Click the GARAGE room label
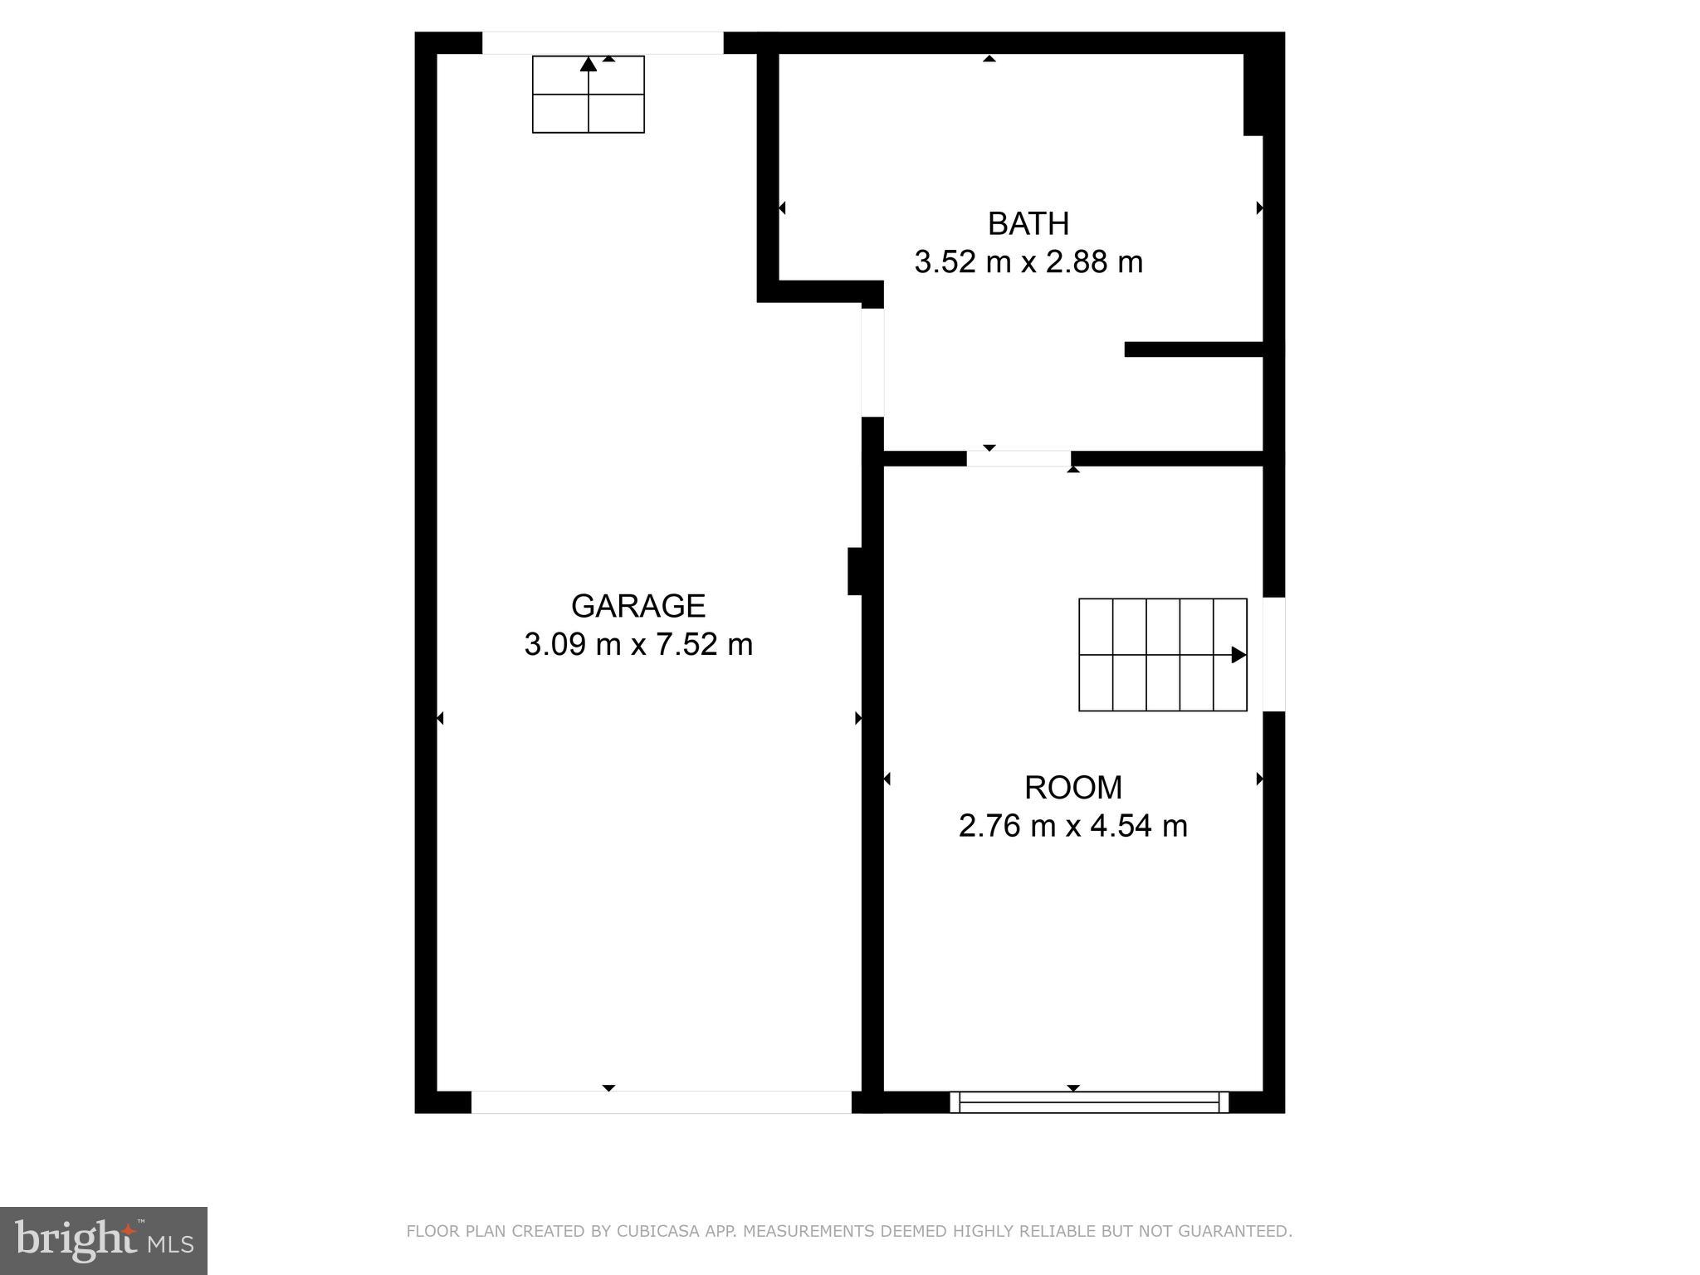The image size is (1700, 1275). [x=637, y=606]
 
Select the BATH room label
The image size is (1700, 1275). [x=1028, y=223]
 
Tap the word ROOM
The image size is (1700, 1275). [x=1072, y=787]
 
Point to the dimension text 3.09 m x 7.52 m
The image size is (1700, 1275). [x=637, y=644]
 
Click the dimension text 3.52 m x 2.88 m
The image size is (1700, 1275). [x=1028, y=262]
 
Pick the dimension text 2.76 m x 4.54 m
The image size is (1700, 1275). [x=1072, y=826]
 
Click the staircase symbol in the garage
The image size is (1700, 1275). [x=588, y=95]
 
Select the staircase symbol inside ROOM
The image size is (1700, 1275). [x=1162, y=654]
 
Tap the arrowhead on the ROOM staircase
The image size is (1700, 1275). [x=1238, y=655]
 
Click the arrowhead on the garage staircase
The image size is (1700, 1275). [x=588, y=64]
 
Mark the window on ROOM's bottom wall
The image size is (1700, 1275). [x=1088, y=1102]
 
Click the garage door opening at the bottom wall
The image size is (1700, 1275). [x=661, y=1102]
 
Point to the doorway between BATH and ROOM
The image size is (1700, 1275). [x=1019, y=458]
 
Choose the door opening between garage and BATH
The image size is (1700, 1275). [x=872, y=362]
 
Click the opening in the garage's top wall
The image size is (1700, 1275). [x=603, y=43]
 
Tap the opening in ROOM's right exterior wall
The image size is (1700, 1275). [x=1273, y=654]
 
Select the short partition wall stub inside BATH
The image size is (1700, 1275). [x=1193, y=349]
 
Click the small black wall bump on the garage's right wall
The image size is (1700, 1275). [x=854, y=571]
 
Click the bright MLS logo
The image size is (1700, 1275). [x=104, y=1240]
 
